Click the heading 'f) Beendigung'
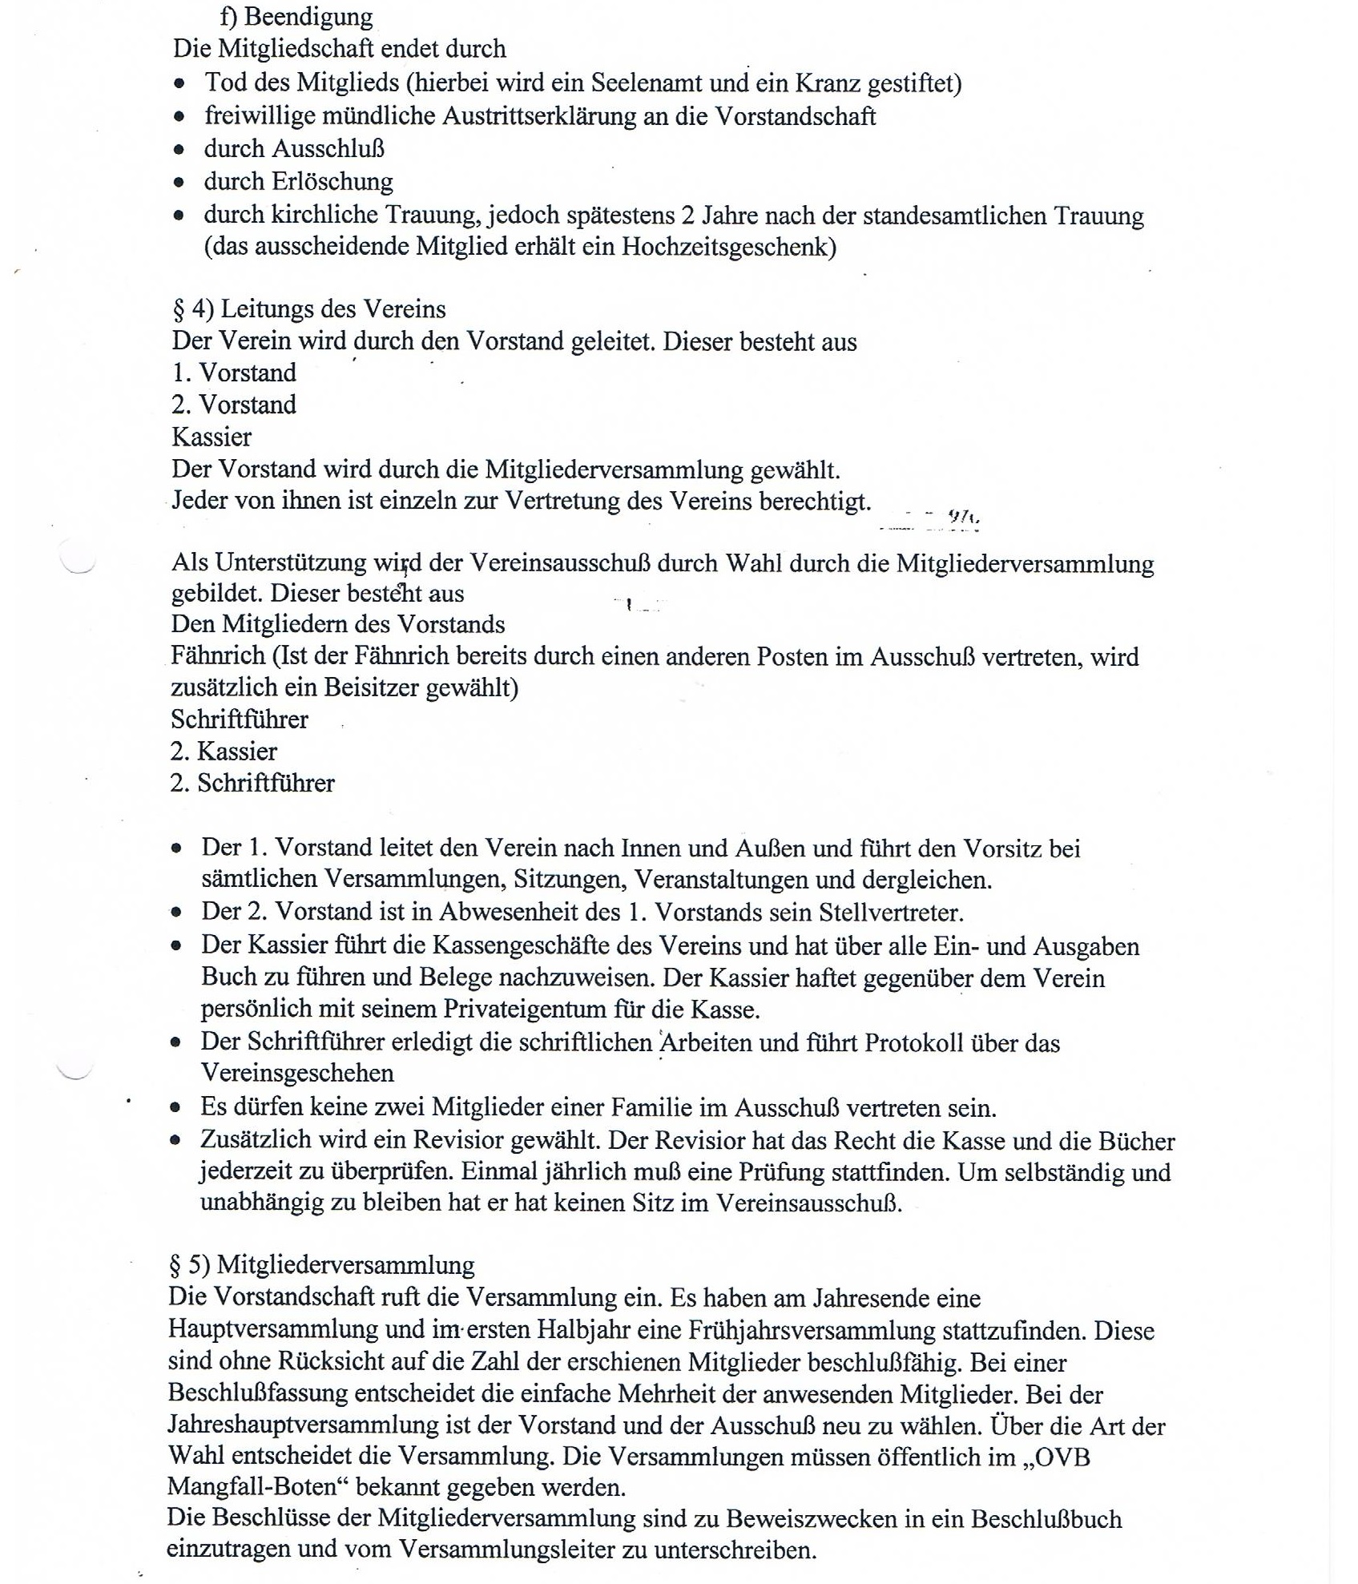[296, 17]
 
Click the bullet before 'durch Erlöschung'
[179, 183]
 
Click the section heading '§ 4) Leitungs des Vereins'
[309, 309]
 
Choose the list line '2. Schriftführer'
[252, 783]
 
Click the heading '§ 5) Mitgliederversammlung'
[321, 1265]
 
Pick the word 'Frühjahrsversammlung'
[811, 1331]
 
